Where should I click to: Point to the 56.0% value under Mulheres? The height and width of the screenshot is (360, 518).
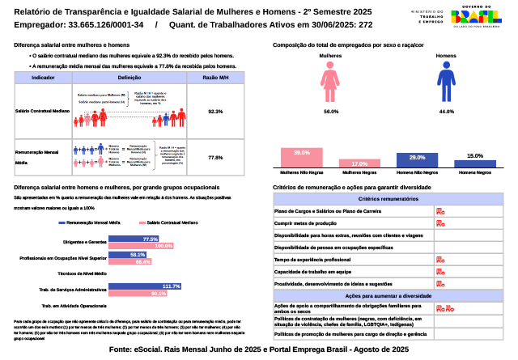click(x=330, y=110)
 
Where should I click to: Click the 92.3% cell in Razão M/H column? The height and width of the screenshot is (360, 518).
click(x=215, y=111)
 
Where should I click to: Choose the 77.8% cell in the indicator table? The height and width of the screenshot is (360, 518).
click(x=215, y=157)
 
